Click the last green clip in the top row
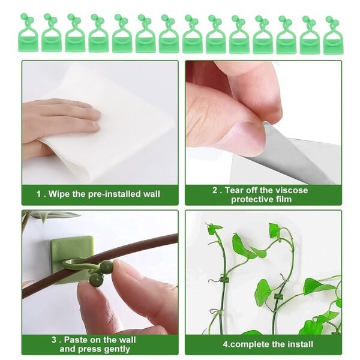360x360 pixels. [x=332, y=36]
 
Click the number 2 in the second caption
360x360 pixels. [x=215, y=190]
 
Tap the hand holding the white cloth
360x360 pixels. [x=57, y=120]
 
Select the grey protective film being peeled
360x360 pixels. [x=300, y=153]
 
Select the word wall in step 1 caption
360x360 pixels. [x=149, y=194]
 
